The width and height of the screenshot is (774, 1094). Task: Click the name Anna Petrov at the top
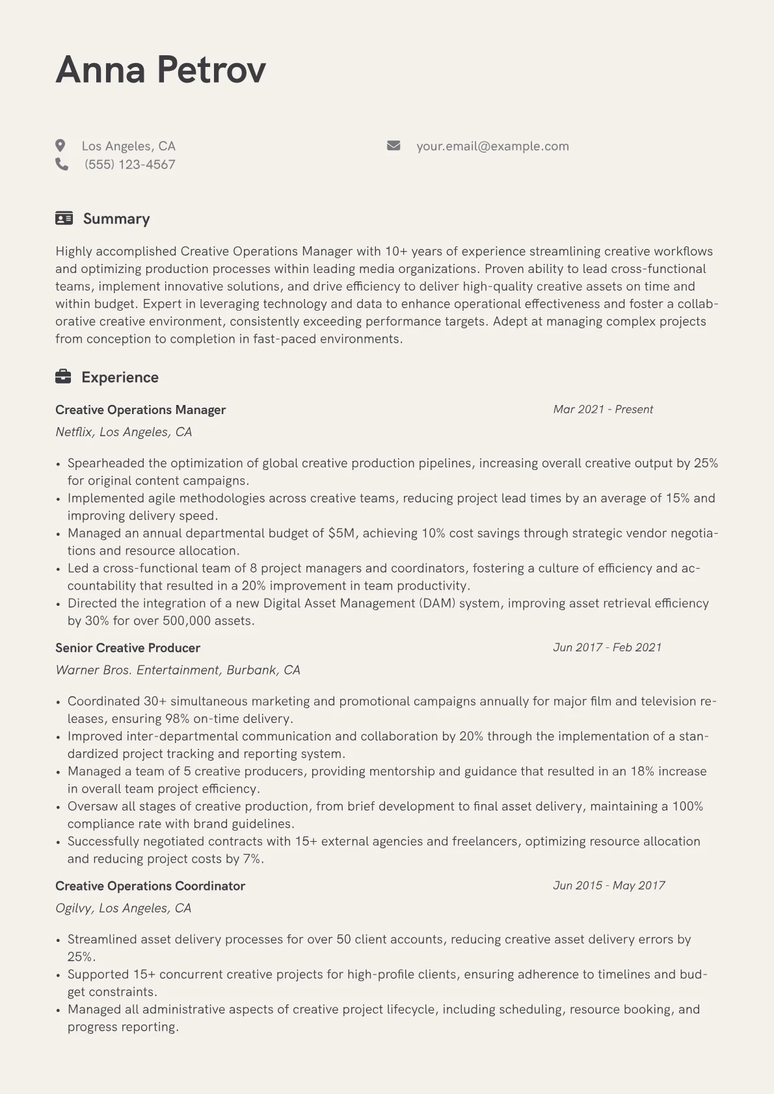(161, 70)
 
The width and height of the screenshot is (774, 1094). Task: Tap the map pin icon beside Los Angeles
(60, 146)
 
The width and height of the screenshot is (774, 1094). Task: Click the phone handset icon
(62, 164)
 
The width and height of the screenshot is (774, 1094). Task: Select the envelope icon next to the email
(394, 146)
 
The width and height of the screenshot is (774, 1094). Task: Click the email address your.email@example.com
(492, 146)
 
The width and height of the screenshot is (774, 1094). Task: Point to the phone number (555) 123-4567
(130, 164)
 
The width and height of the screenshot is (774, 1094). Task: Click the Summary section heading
(116, 219)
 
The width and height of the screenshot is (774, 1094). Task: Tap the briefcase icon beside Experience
(63, 377)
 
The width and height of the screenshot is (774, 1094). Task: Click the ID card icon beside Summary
(64, 218)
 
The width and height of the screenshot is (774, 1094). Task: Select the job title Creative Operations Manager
(140, 410)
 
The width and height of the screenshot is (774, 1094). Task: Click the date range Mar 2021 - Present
(603, 410)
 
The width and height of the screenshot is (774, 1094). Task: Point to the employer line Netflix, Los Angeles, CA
(124, 432)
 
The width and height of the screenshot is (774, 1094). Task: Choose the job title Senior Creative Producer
(127, 647)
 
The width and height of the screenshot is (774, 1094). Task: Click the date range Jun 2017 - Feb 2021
(607, 647)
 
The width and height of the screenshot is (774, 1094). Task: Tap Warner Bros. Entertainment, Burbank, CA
(178, 670)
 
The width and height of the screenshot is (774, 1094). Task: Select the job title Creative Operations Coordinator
(150, 885)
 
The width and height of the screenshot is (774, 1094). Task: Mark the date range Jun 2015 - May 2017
(609, 885)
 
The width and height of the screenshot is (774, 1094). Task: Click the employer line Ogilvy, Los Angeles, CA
(123, 907)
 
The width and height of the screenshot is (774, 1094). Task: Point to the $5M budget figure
(341, 533)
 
